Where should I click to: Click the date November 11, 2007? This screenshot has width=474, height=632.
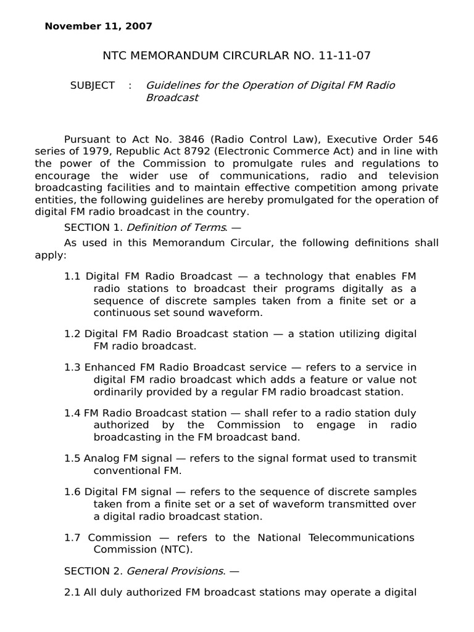pyautogui.click(x=98, y=27)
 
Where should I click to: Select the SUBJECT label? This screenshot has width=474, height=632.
pyautogui.click(x=92, y=86)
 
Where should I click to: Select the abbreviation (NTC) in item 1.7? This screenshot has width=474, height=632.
pyautogui.click(x=160, y=549)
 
